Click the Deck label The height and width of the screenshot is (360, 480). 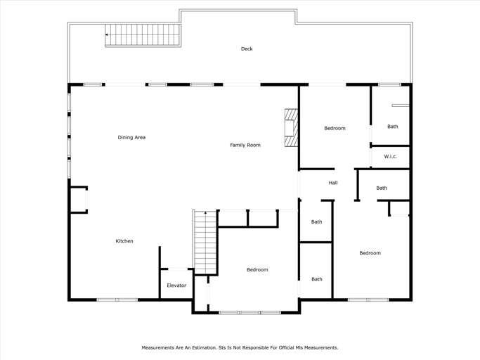(x=247, y=49)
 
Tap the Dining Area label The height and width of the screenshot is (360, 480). (x=131, y=137)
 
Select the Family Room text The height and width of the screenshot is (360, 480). (x=245, y=145)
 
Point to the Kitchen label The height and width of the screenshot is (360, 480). (x=124, y=241)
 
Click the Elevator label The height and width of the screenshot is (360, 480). (x=176, y=285)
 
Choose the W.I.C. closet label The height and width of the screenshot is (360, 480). (x=391, y=157)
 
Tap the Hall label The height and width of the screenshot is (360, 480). (x=333, y=183)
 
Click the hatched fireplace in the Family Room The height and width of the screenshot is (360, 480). (x=291, y=128)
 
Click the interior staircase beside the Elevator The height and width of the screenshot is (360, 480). (x=205, y=243)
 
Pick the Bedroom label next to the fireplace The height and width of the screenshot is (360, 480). (x=335, y=128)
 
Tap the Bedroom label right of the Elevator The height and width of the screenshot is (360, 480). (x=257, y=270)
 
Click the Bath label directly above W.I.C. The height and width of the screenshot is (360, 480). (x=392, y=127)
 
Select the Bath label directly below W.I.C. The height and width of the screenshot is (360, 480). (x=382, y=188)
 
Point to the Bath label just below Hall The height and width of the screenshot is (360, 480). (x=317, y=221)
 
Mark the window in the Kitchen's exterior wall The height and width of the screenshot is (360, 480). (x=117, y=300)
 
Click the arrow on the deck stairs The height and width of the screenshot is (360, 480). (x=108, y=34)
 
